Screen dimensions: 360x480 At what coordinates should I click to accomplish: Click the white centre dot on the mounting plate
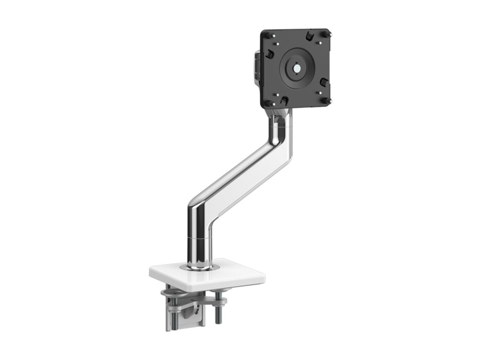(297, 67)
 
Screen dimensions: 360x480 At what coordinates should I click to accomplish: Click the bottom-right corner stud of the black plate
(328, 101)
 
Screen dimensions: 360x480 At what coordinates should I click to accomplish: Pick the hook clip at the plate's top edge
(309, 36)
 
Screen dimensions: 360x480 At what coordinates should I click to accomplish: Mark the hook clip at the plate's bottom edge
(284, 100)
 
